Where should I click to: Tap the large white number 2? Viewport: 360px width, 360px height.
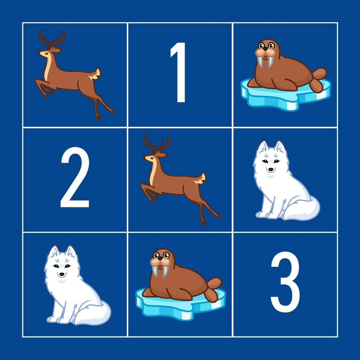75,177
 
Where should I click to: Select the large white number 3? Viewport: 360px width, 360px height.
285,282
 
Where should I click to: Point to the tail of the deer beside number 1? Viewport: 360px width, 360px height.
96,74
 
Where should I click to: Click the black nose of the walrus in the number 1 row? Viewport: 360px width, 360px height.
265,49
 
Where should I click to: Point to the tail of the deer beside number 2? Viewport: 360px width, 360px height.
201,179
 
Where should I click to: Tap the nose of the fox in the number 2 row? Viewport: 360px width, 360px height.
271,170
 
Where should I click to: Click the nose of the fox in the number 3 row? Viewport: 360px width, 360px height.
62,274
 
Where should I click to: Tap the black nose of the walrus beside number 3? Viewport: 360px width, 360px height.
160,259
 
